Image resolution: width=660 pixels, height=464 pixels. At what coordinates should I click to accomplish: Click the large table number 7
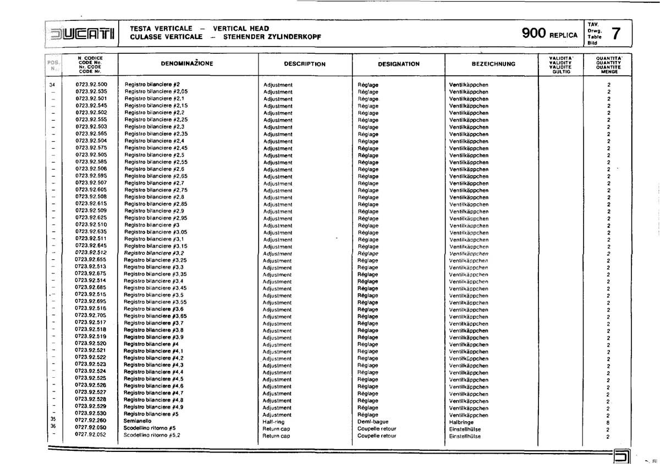(x=617, y=34)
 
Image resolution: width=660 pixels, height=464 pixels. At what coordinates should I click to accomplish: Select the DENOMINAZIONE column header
(x=186, y=64)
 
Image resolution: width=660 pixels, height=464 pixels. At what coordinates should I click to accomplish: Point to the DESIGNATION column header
(x=399, y=64)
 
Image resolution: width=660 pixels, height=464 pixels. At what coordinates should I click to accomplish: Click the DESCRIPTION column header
(x=305, y=64)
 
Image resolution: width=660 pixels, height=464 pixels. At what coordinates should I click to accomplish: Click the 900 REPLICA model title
(x=549, y=34)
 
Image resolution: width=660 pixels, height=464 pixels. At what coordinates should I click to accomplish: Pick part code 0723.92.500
(x=91, y=85)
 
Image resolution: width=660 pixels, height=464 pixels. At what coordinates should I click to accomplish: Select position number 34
(x=52, y=85)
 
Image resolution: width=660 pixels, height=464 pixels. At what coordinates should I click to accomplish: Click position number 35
(x=53, y=420)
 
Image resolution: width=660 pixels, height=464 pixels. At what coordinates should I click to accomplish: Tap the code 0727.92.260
(x=90, y=420)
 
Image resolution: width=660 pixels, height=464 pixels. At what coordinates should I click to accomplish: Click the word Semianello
(x=137, y=421)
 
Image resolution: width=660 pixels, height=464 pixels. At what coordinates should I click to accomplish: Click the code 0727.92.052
(x=90, y=434)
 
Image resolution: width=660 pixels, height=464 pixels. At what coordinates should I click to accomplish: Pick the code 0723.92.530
(x=90, y=413)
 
